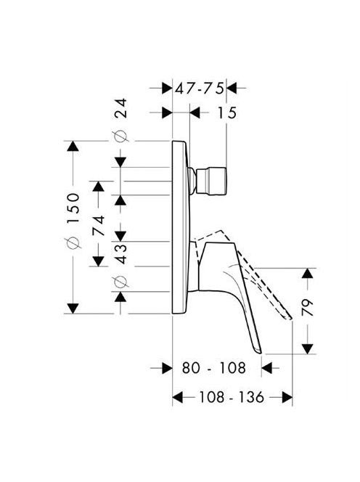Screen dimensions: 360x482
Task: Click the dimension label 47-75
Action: [x=200, y=89]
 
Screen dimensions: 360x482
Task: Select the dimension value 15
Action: [x=227, y=113]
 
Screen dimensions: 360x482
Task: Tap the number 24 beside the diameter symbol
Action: [x=120, y=108]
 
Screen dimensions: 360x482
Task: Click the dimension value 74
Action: [x=99, y=226]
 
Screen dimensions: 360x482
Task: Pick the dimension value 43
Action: [x=120, y=253]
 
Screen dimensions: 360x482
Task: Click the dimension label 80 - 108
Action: [x=214, y=367]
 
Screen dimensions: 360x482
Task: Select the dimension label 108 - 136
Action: [x=232, y=397]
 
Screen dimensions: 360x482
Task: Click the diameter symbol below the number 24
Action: [x=120, y=136]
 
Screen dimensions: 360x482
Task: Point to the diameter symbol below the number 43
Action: [x=120, y=282]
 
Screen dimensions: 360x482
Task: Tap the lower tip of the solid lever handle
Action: [x=259, y=352]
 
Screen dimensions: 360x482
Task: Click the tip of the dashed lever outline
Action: [x=290, y=319]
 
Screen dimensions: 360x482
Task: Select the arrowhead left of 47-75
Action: [x=167, y=89]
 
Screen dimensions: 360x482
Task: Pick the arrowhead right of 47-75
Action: [x=232, y=89]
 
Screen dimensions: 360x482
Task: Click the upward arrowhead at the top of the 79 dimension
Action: [x=308, y=273]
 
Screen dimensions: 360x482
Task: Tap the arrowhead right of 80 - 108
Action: [x=266, y=368]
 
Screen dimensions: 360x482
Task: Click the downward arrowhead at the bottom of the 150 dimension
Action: [x=73, y=309]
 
